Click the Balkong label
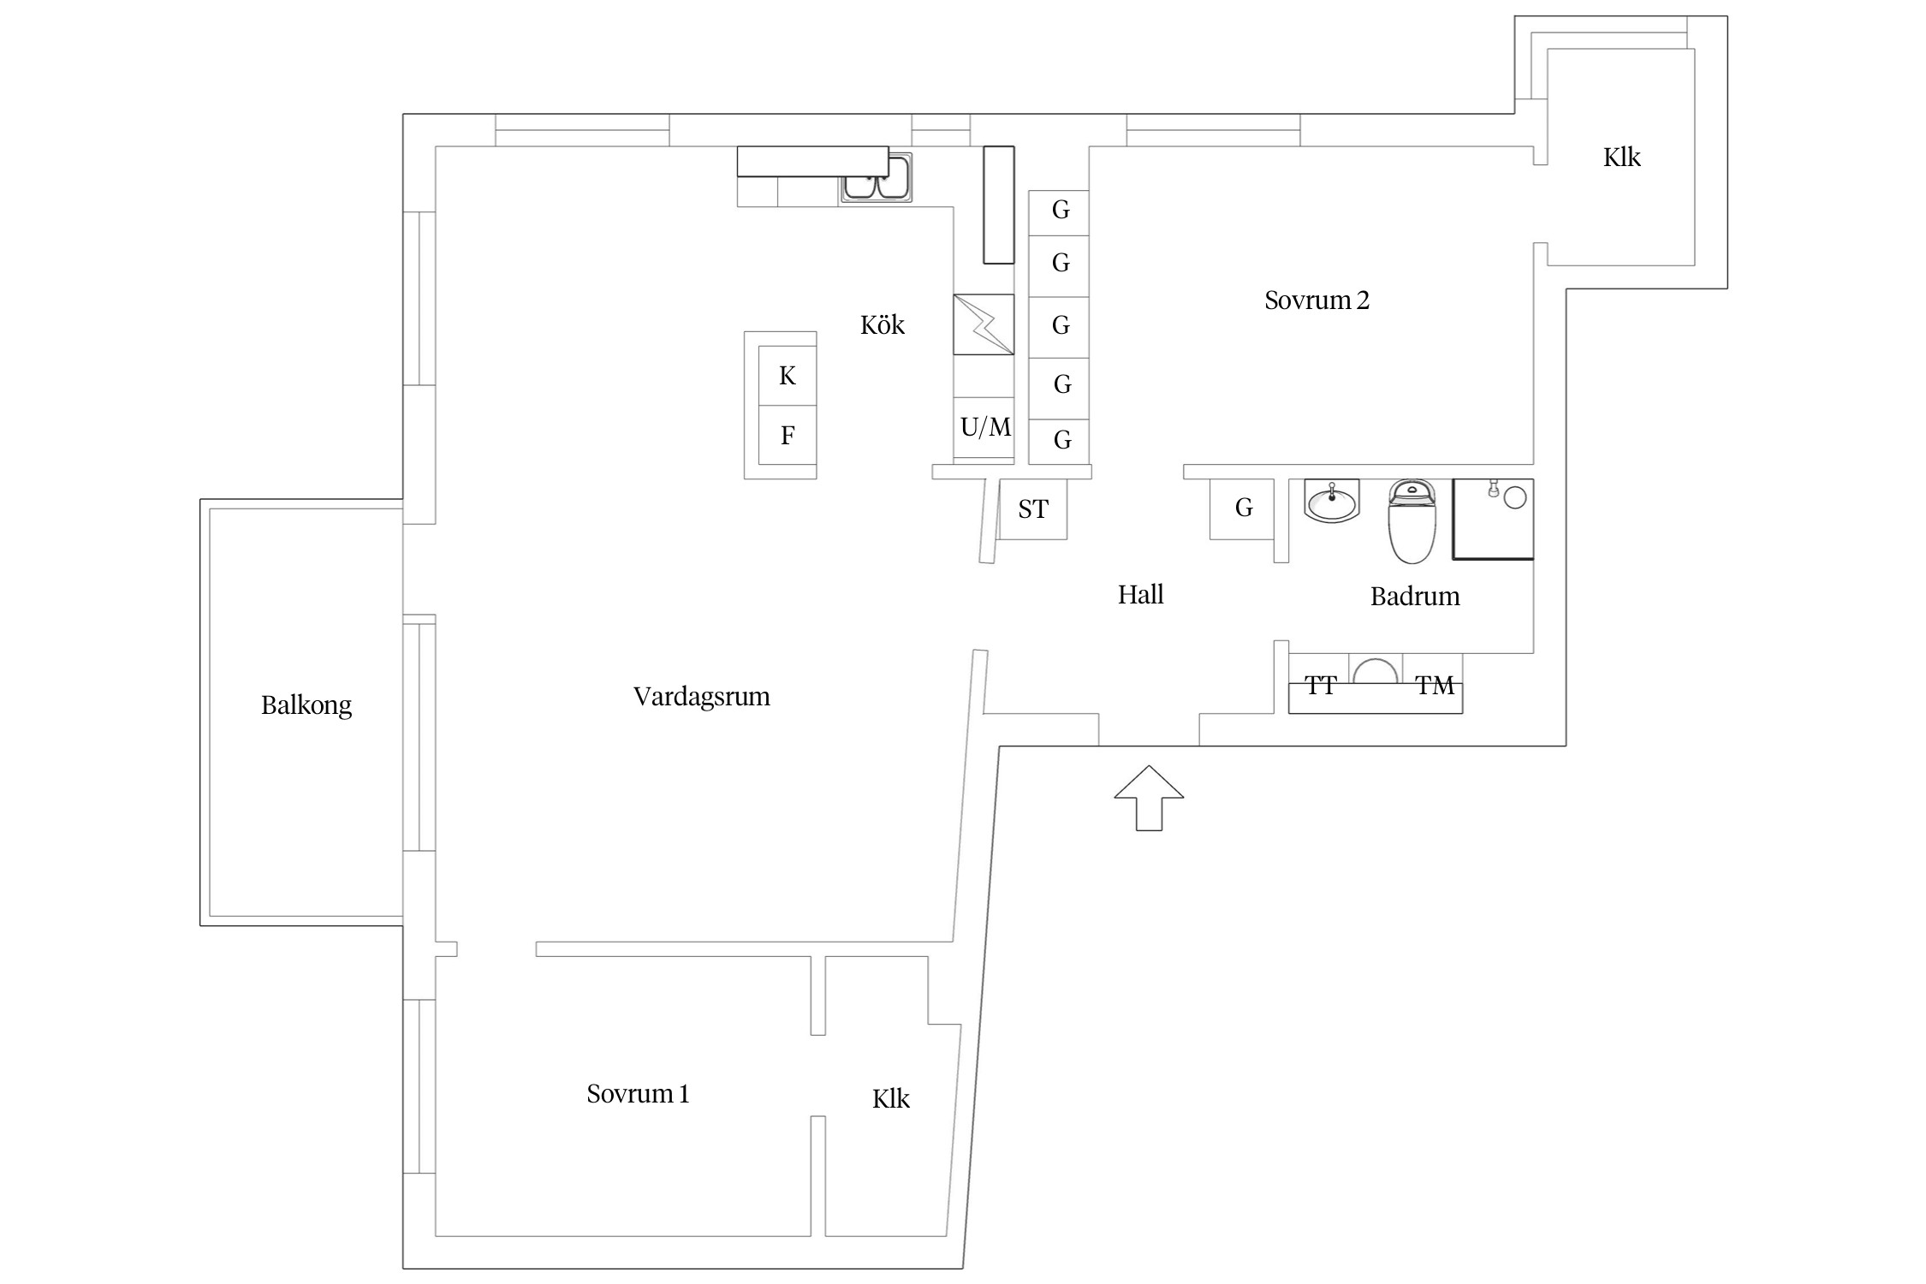(x=306, y=705)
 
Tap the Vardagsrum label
(x=701, y=697)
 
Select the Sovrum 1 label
(x=638, y=1094)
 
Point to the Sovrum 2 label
(x=1317, y=300)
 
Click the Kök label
(x=882, y=325)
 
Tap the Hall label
(x=1140, y=595)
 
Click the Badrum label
(x=1414, y=597)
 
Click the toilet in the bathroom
(x=1412, y=522)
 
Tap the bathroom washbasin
(x=1332, y=501)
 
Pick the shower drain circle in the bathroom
(x=1515, y=497)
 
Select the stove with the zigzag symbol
(x=984, y=324)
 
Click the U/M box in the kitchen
(x=984, y=427)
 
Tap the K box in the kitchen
(x=788, y=376)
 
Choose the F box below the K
(x=788, y=436)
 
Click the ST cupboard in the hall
(x=1033, y=510)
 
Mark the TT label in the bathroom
(x=1320, y=686)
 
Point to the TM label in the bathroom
(x=1435, y=686)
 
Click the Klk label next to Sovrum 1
(x=890, y=1099)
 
